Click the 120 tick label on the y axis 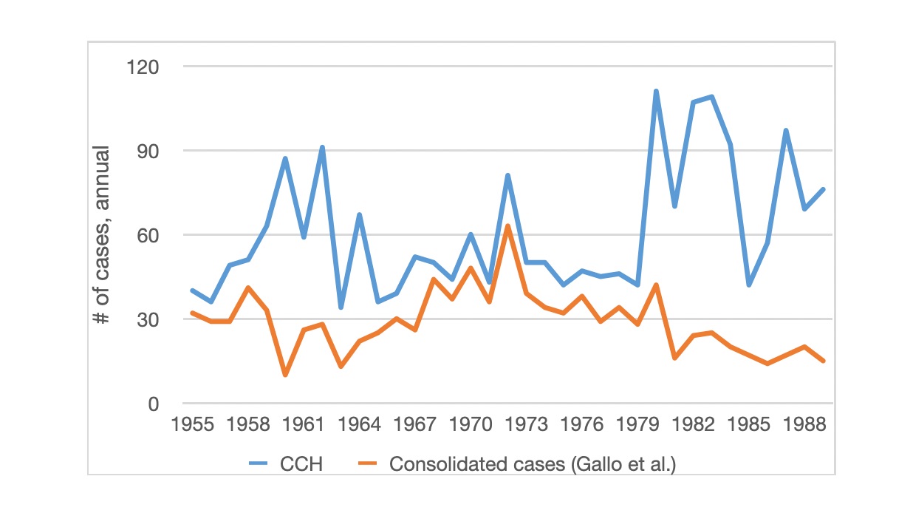[143, 67]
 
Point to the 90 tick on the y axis [148, 151]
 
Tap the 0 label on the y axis [153, 404]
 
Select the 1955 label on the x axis [192, 426]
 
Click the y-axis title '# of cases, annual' [101, 235]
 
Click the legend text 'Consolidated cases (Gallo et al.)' [533, 464]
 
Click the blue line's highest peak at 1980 [656, 91]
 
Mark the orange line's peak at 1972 [507, 226]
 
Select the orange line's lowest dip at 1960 [285, 376]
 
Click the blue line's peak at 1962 [322, 147]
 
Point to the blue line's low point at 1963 [341, 308]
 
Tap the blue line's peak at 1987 [786, 130]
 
